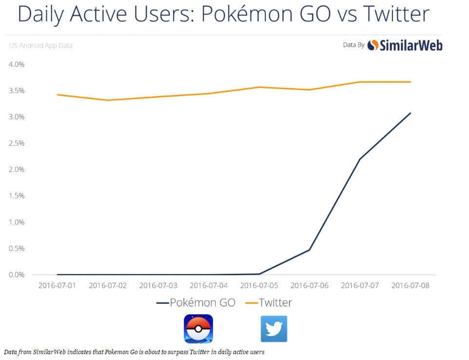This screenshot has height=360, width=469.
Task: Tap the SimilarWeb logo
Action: [405, 45]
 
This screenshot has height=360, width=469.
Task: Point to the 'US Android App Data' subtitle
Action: [41, 46]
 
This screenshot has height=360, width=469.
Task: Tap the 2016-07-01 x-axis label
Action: [57, 285]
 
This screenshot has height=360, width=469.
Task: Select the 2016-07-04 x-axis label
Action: [209, 285]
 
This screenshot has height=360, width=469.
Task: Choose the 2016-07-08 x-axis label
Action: [410, 285]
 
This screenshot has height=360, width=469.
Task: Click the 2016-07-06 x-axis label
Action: [310, 285]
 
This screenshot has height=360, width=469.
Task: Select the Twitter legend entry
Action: [268, 303]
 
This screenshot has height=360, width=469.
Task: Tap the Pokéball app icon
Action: [198, 329]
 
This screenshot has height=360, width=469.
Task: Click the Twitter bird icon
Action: [274, 329]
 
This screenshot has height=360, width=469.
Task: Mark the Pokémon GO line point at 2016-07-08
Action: [410, 113]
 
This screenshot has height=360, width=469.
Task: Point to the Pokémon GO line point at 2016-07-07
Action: [360, 159]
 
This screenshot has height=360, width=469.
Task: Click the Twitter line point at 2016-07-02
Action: [108, 100]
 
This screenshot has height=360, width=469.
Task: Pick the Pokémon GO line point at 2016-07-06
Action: [310, 250]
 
